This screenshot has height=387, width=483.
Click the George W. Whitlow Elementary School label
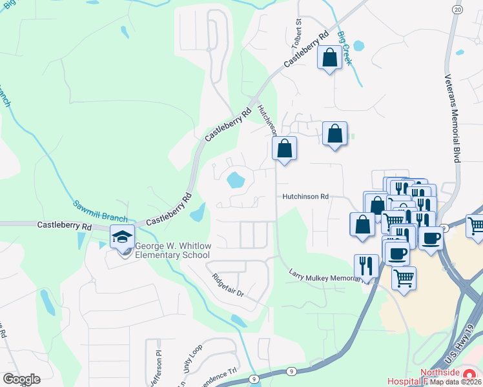coord(174,250)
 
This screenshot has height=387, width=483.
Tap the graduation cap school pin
coord(122,238)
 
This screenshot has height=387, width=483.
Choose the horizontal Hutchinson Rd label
coord(305,196)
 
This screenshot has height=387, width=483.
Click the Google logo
coord(21,379)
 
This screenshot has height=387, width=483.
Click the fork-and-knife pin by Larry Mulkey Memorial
coord(366,266)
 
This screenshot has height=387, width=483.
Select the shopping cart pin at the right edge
coord(476,226)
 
